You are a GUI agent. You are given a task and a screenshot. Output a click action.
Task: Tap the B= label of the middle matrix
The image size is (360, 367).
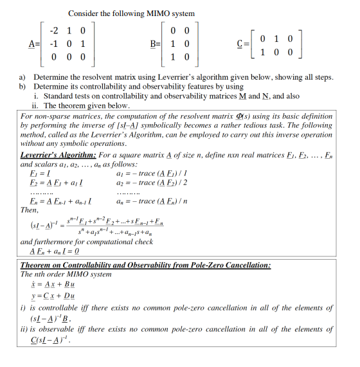point(156,43)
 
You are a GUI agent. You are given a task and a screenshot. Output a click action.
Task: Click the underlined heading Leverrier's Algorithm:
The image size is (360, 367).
point(59,155)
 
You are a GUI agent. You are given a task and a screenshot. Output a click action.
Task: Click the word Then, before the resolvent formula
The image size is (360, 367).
point(30,210)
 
